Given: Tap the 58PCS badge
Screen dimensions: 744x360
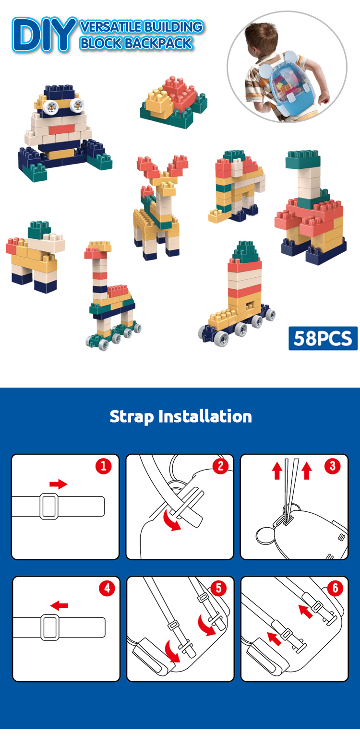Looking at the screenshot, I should [323, 338].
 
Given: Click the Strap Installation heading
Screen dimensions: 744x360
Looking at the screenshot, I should [180, 416].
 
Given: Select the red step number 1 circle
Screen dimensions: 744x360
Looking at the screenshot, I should [103, 466].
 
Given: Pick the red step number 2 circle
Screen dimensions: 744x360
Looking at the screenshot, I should [220, 466].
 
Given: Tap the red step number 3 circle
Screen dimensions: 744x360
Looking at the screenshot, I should [332, 466].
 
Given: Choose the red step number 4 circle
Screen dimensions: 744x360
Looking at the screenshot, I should [107, 588].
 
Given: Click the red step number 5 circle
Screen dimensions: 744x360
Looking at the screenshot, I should [218, 588].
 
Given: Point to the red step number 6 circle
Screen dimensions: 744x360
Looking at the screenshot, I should [335, 588].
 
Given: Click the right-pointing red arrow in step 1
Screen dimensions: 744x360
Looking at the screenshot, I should [58, 484].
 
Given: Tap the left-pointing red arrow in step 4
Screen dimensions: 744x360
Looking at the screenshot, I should [60, 605].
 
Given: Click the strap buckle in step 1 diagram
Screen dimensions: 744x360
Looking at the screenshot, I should [49, 506].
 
